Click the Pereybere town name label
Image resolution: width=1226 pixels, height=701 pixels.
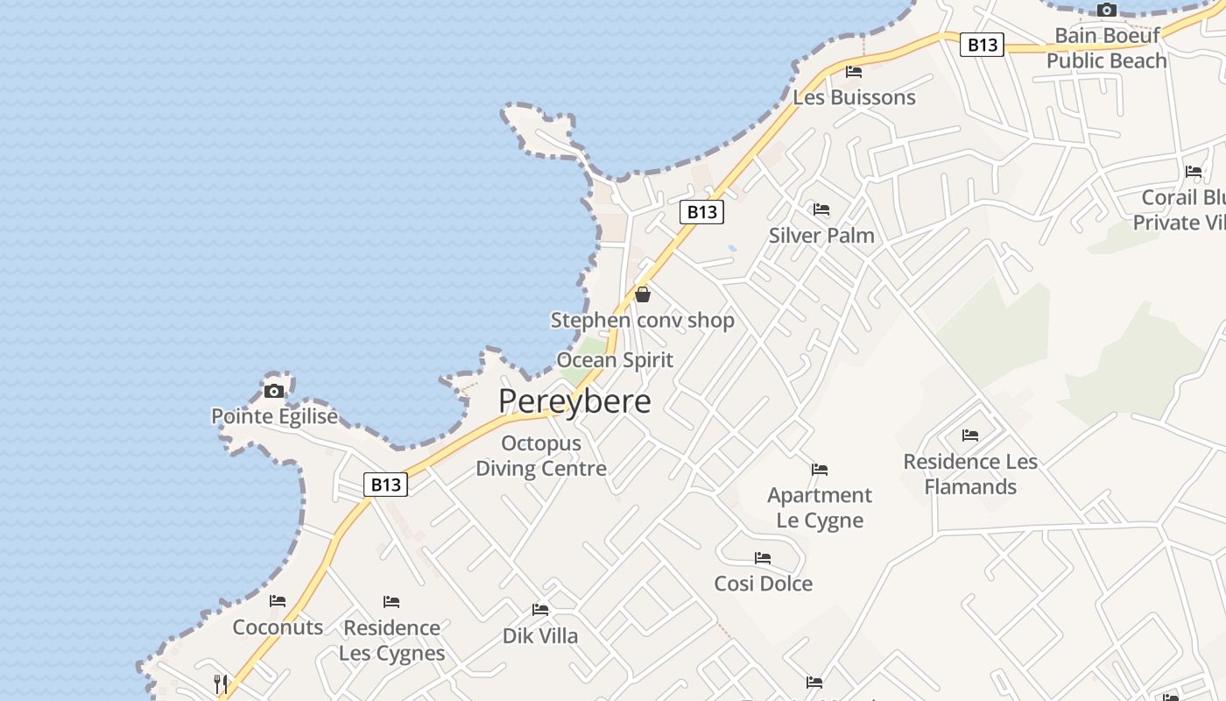(574, 401)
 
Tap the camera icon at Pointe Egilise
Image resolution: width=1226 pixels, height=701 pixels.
(274, 391)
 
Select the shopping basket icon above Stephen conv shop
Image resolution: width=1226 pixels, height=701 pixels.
(643, 294)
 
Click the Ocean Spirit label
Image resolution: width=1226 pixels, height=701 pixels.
(615, 360)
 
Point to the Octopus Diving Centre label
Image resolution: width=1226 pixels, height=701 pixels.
(541, 456)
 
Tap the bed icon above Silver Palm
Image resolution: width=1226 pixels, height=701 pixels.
(821, 209)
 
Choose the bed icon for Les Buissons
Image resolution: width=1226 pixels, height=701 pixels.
(854, 72)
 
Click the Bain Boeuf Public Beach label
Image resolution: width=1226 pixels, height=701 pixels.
(1107, 48)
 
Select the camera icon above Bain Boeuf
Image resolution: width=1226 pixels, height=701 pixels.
(1107, 11)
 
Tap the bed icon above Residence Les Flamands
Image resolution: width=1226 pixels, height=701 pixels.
(970, 435)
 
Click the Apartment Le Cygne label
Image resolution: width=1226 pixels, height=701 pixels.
(820, 507)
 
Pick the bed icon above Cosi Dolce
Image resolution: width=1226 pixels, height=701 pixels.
(763, 558)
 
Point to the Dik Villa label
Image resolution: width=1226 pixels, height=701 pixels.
(540, 636)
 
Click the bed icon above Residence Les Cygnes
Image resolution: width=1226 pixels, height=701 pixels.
(391, 602)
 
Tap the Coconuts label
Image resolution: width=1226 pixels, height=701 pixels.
(278, 627)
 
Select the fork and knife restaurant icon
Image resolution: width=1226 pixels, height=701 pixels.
(221, 683)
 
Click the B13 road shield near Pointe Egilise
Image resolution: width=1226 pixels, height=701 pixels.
(385, 485)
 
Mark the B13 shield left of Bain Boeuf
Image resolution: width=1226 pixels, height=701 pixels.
(981, 45)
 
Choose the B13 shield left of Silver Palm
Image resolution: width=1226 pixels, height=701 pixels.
(702, 211)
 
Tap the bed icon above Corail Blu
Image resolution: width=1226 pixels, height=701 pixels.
(1194, 172)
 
